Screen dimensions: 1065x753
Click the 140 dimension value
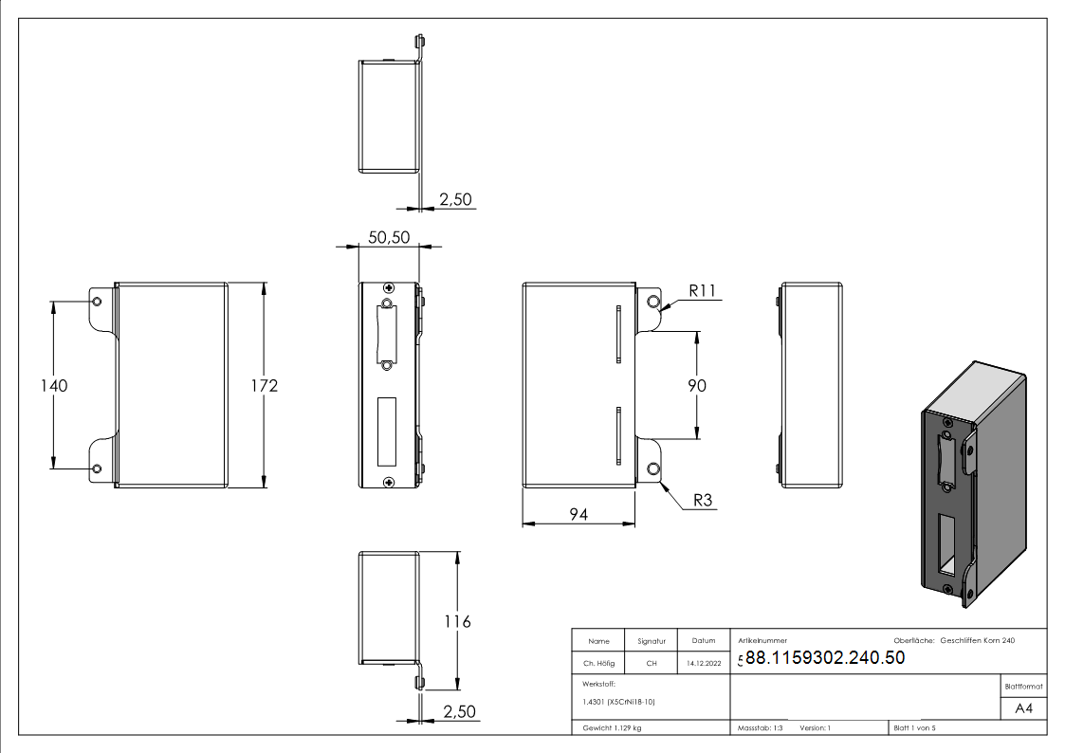click(x=54, y=386)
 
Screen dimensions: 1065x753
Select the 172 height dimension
click(x=265, y=386)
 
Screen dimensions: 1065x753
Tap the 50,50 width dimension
click(x=389, y=237)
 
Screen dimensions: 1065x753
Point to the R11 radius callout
click(x=703, y=290)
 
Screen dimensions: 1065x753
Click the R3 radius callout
click(x=703, y=501)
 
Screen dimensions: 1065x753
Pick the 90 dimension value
click(x=697, y=386)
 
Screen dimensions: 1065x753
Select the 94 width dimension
click(x=578, y=515)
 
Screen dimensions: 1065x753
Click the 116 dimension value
click(x=457, y=621)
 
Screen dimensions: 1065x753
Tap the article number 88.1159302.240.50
click(x=825, y=657)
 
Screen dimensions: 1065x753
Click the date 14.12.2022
click(x=704, y=663)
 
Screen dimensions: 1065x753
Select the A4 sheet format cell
click(x=1023, y=708)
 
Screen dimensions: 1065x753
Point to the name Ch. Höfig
click(x=598, y=663)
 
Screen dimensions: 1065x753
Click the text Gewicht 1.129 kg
click(x=612, y=728)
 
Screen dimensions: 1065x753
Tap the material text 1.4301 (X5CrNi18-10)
click(x=618, y=702)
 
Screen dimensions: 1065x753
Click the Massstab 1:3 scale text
click(x=760, y=728)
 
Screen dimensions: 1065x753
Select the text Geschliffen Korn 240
click(x=978, y=640)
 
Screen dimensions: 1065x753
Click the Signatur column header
click(x=652, y=641)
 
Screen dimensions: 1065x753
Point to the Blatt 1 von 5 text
click(x=914, y=728)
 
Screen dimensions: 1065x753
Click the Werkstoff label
click(x=598, y=685)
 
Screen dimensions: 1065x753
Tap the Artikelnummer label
click(x=762, y=640)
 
